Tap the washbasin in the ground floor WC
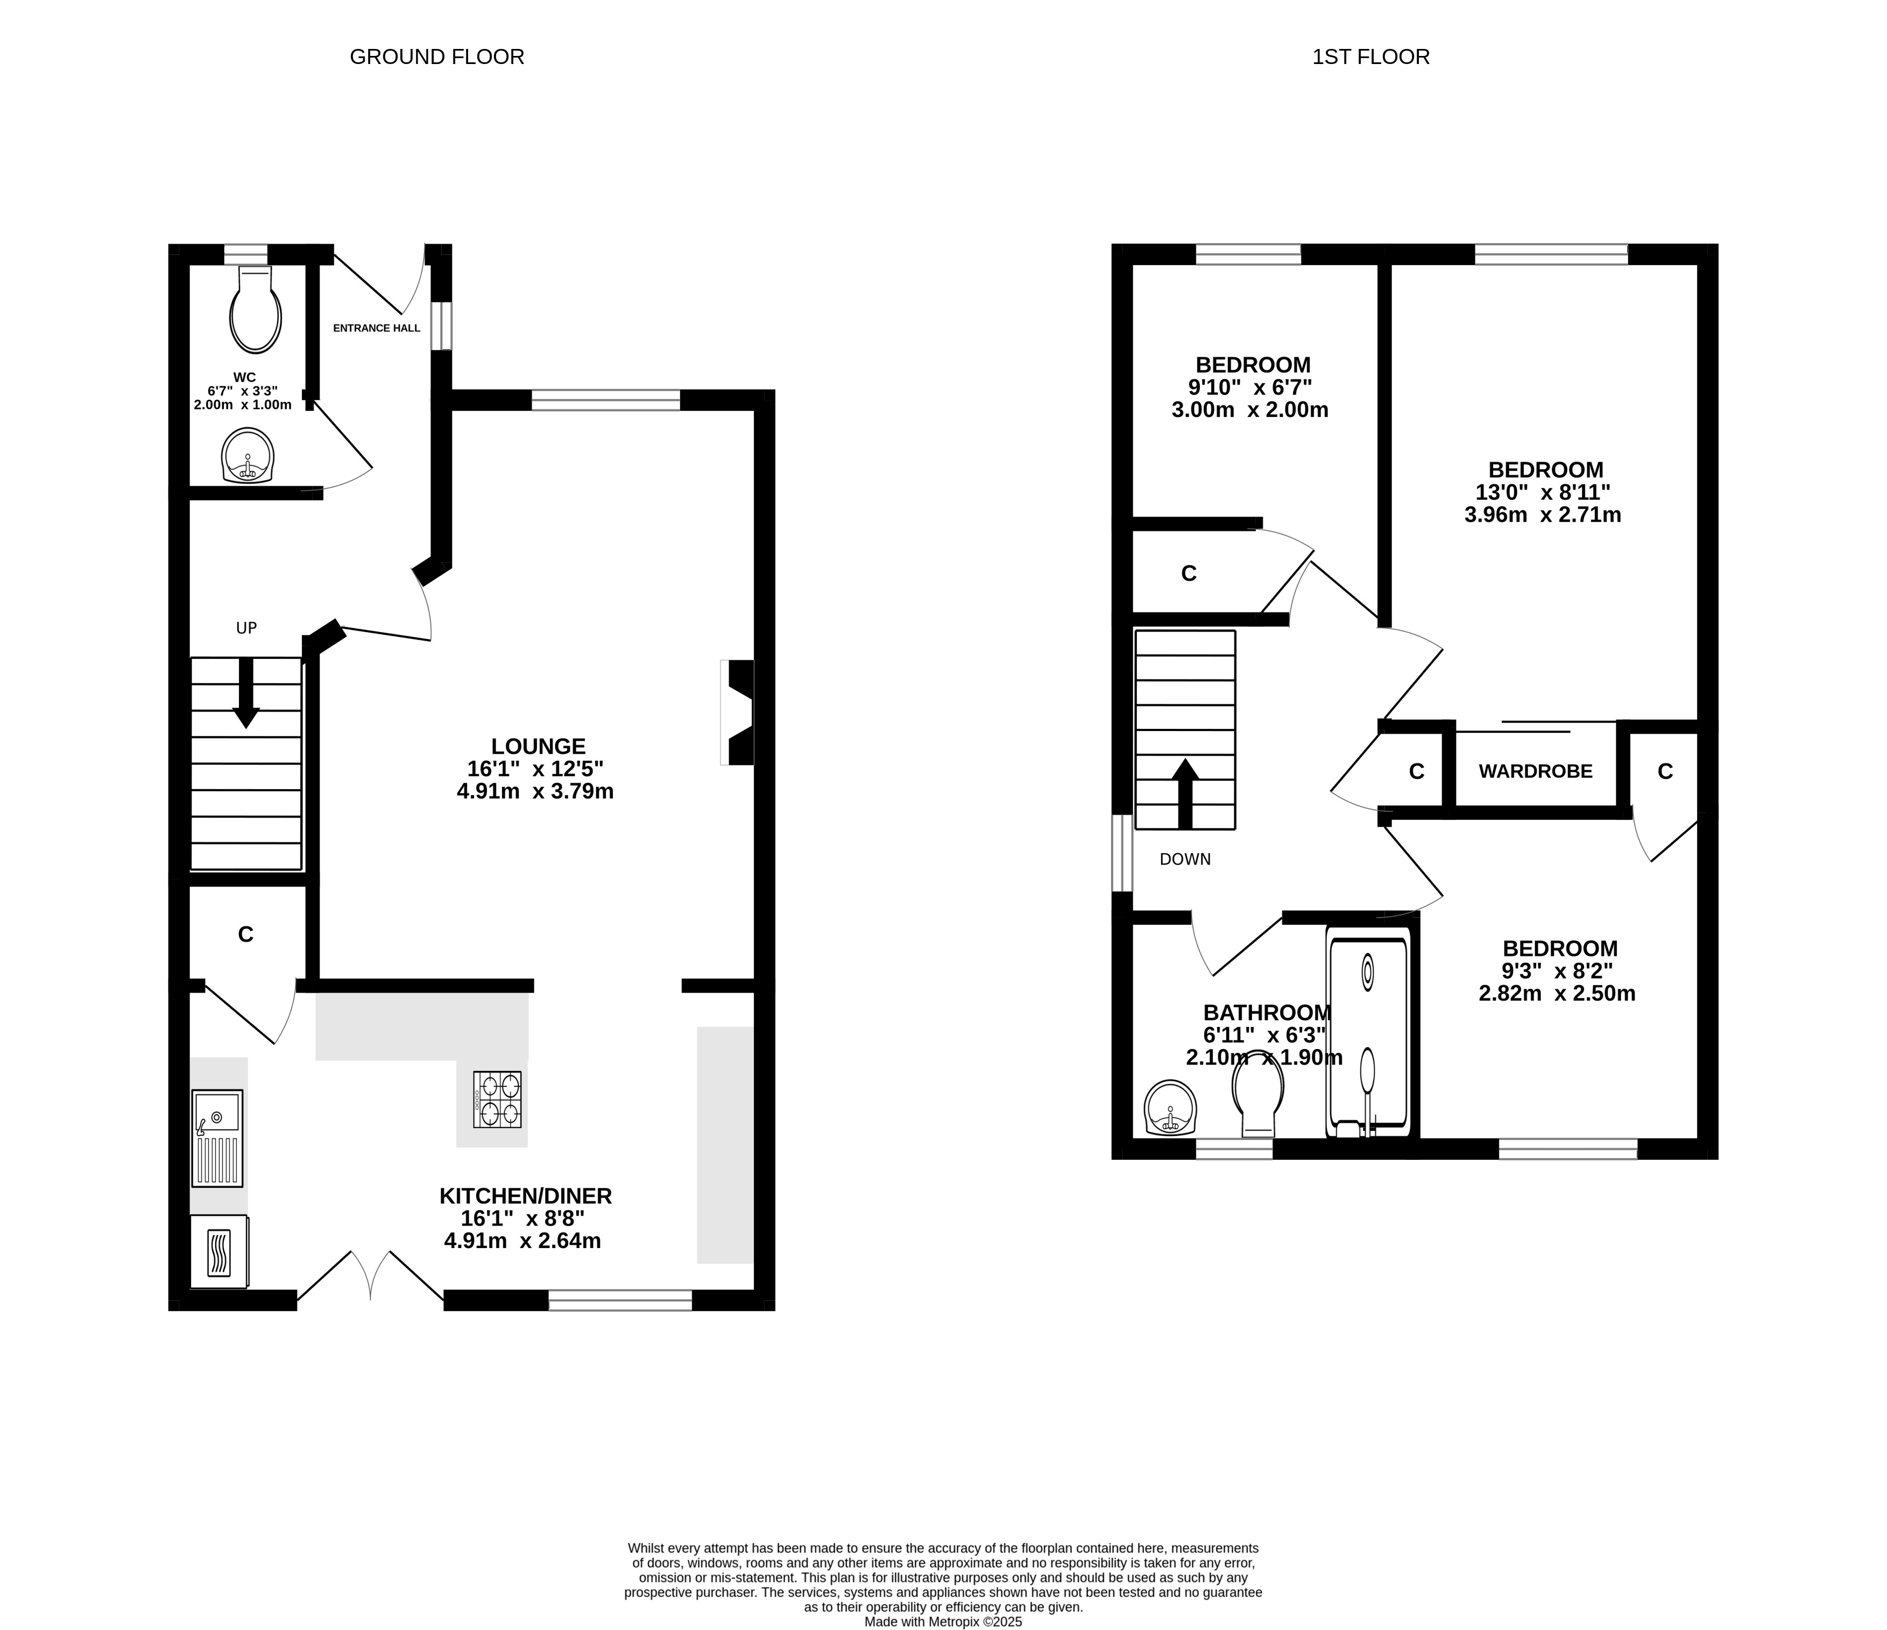click(248, 455)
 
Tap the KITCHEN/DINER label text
click(526, 1196)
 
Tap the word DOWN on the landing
click(1185, 859)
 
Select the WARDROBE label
click(1536, 771)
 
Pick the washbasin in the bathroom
click(1170, 1107)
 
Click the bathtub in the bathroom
click(1368, 1033)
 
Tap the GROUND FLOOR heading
click(437, 56)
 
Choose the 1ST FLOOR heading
click(1370, 56)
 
